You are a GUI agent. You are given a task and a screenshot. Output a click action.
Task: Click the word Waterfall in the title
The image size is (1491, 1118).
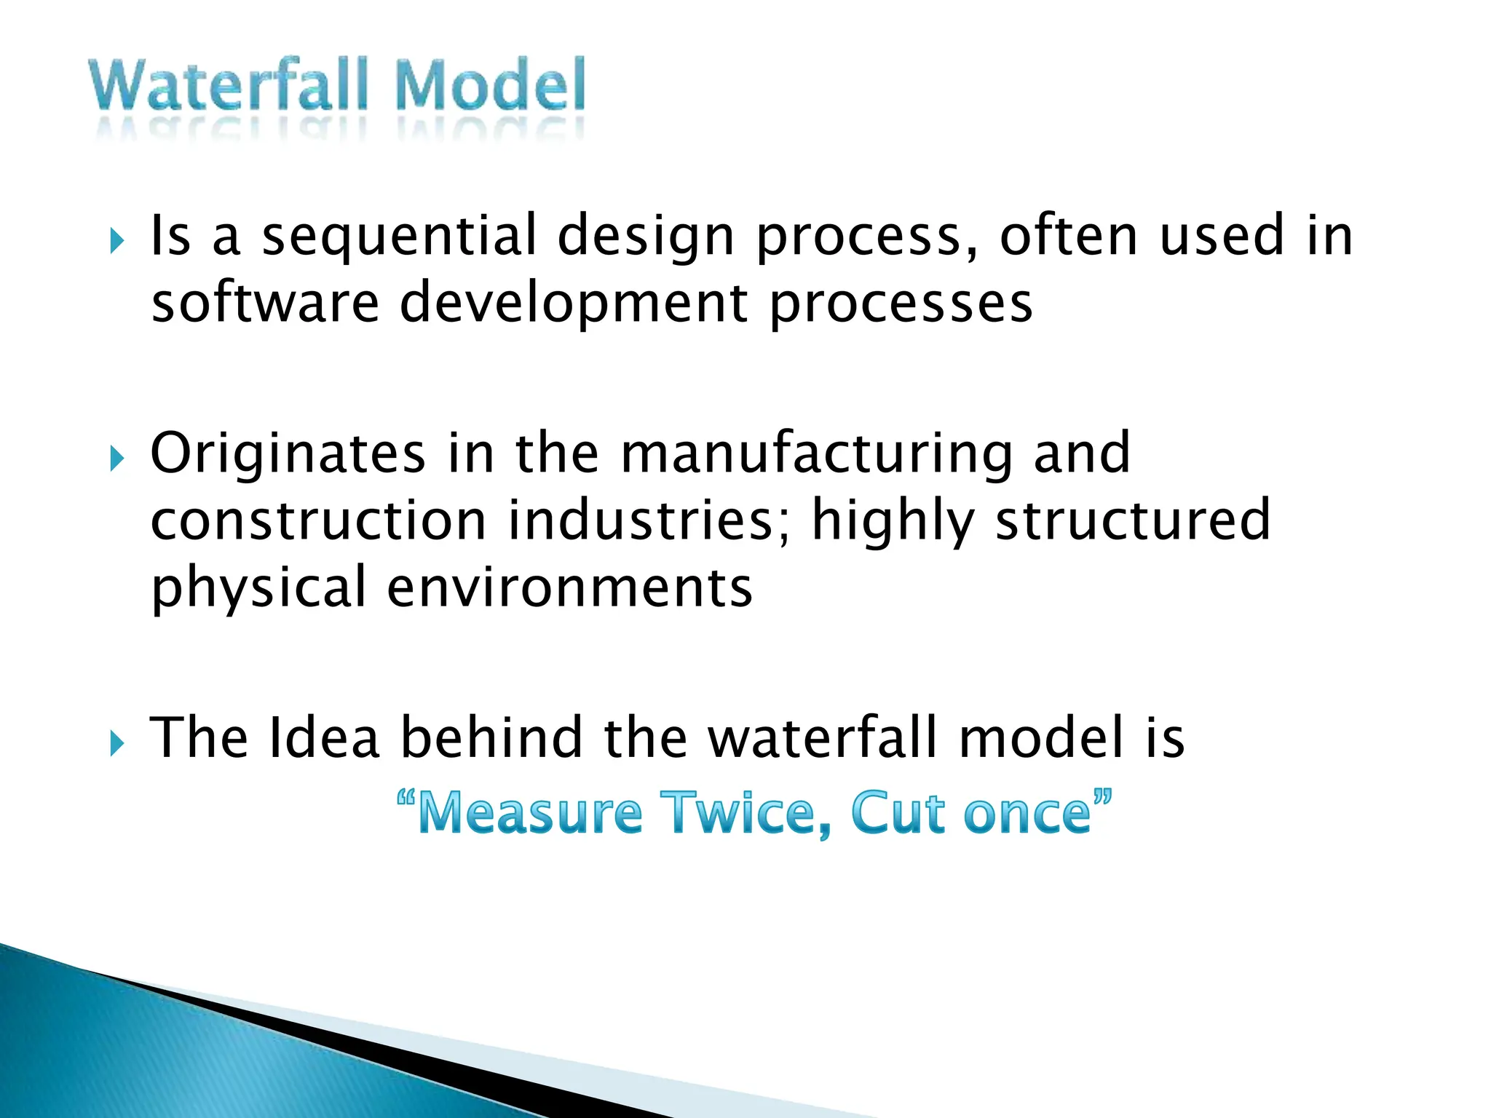(x=228, y=86)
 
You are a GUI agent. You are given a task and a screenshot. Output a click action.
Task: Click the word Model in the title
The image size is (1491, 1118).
(x=490, y=86)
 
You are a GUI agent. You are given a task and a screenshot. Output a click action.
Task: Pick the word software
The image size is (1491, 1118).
(x=265, y=304)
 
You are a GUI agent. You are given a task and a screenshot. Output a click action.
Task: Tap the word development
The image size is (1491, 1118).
(x=574, y=304)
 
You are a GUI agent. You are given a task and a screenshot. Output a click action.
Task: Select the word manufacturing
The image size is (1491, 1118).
(x=816, y=454)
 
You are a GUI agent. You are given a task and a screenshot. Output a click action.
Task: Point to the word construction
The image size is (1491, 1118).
(x=318, y=521)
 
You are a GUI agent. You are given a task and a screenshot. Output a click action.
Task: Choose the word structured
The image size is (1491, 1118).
(x=1133, y=521)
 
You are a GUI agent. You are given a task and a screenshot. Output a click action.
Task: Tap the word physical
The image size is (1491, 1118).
(x=258, y=588)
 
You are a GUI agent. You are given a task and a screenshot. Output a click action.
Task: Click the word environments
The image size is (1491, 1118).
(x=569, y=588)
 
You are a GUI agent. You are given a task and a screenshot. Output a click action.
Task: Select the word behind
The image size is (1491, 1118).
(x=492, y=738)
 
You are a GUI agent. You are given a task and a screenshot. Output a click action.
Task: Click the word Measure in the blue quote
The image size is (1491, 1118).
(x=530, y=814)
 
